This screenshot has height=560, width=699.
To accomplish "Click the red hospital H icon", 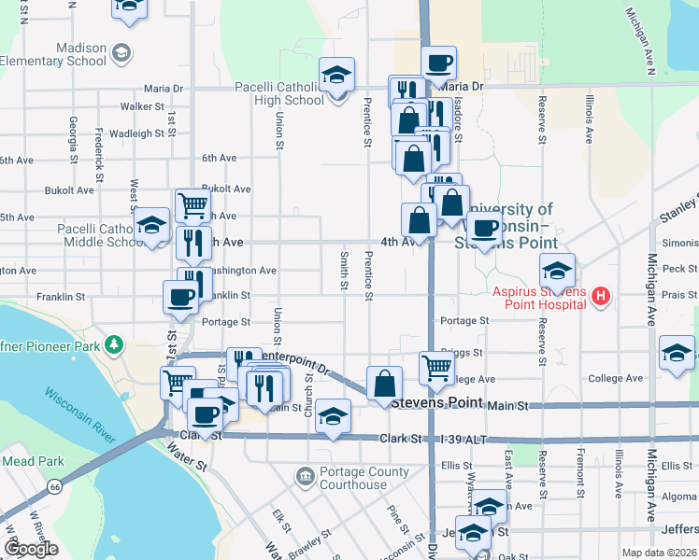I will pos(601,298).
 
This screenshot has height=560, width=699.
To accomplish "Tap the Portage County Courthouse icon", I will pos(306,478).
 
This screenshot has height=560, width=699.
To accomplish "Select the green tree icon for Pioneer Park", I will pos(114,344).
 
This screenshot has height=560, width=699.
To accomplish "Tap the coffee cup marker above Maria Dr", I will pos(437,63).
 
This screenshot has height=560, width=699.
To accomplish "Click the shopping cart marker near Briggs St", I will pos(436,368).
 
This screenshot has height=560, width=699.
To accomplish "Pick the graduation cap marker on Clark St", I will pos(332,416).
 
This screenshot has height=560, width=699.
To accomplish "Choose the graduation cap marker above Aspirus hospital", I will pos(557,271).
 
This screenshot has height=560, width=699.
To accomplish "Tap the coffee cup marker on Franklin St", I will pos(181,298).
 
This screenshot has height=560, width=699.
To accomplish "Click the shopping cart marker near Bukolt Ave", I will pos(193,203).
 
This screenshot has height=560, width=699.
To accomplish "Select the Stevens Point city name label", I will pos(436,402).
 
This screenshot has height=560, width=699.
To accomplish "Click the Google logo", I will pos(32,549).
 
